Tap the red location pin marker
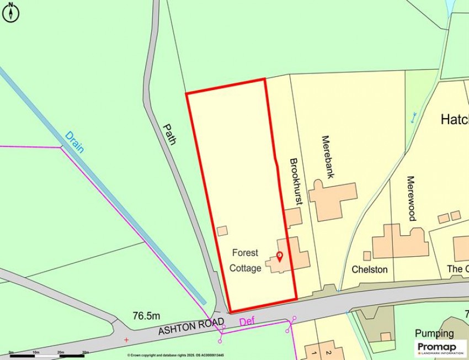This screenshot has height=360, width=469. [x=279, y=256]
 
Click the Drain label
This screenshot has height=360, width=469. [x=74, y=142]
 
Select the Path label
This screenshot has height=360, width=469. [x=169, y=134]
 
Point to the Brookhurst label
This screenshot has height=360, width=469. [x=296, y=182]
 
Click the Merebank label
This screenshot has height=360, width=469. [x=327, y=157]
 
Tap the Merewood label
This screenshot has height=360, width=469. [x=411, y=198]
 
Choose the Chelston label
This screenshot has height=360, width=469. [x=370, y=269]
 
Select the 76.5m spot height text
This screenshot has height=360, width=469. [x=146, y=316]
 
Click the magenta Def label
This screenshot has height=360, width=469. [x=247, y=321]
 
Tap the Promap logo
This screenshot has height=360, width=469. [x=440, y=347]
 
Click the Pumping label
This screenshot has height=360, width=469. [x=435, y=333]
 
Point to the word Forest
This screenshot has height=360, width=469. [x=245, y=253]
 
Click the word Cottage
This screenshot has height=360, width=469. [x=245, y=268]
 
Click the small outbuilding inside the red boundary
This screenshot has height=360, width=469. [x=222, y=231]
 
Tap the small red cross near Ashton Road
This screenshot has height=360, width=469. [x=126, y=339]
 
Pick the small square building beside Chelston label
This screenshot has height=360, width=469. [x=367, y=256]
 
